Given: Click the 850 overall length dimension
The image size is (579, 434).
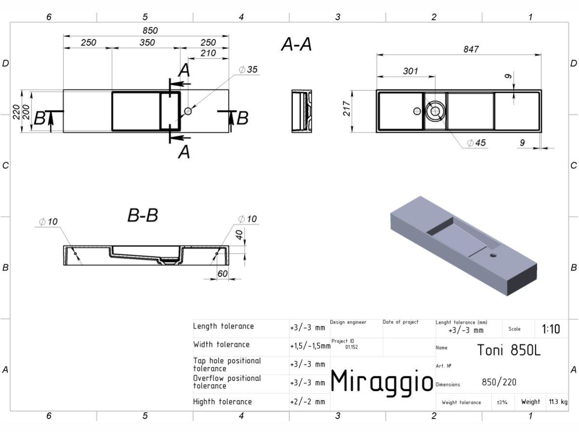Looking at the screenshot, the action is click(150, 30).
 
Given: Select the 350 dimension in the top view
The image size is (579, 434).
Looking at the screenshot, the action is click(147, 42).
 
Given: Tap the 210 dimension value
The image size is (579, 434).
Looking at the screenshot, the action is click(208, 53).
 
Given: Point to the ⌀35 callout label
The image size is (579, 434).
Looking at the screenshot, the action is click(248, 69).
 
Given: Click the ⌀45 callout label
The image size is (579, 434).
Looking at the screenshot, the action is click(476, 143).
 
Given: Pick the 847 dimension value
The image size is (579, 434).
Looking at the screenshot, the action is click(471, 49).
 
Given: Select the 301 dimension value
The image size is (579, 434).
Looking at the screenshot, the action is click(411, 71).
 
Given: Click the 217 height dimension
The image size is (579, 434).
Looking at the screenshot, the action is click(346, 108).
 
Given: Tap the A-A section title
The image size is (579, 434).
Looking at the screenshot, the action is click(296, 44).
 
